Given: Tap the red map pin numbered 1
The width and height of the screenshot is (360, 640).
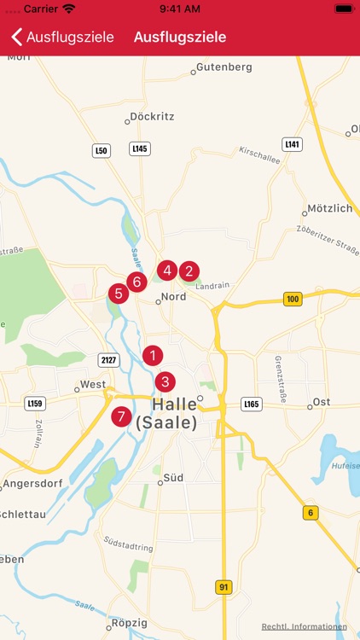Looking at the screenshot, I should pyautogui.click(x=153, y=355).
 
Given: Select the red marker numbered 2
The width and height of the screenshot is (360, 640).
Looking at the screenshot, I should pyautogui.click(x=189, y=271).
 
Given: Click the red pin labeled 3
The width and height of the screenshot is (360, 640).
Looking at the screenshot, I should pyautogui.click(x=165, y=381).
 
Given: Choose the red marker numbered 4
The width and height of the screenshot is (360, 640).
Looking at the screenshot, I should pyautogui.click(x=167, y=271).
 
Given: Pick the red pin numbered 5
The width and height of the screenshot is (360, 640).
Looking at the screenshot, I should pyautogui.click(x=119, y=294).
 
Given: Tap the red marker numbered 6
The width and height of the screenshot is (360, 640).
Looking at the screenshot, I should pyautogui.click(x=136, y=281).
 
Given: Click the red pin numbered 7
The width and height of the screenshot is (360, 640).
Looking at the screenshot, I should pyautogui.click(x=122, y=417).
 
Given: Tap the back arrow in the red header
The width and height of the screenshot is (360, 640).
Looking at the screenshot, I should pyautogui.click(x=16, y=37).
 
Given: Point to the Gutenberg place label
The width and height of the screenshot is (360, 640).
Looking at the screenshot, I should pyautogui.click(x=224, y=67).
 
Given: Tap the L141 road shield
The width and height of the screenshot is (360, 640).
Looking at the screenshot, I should pyautogui.click(x=293, y=144).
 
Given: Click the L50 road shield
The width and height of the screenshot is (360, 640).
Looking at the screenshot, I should pyautogui.click(x=102, y=150).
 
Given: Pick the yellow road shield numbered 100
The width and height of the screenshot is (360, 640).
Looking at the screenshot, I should pyautogui.click(x=293, y=299).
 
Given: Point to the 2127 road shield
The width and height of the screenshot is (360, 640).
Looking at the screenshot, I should pyautogui.click(x=107, y=359).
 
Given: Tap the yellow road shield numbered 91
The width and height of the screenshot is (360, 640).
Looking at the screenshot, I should pyautogui.click(x=223, y=588).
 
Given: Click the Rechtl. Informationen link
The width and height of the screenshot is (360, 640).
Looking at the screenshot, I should pyautogui.click(x=305, y=627).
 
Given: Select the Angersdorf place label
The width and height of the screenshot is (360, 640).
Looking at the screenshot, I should pyautogui.click(x=32, y=484).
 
